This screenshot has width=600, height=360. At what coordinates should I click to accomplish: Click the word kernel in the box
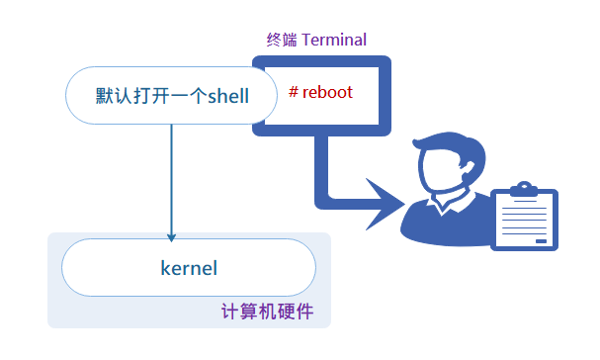pos(188,267)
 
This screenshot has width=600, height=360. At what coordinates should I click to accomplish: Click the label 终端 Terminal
pos(316,41)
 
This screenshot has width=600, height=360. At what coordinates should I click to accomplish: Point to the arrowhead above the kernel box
pos(172,237)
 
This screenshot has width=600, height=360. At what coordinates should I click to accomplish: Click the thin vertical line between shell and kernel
pos(172,178)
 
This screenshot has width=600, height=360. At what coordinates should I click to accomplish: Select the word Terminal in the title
pos(334,41)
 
